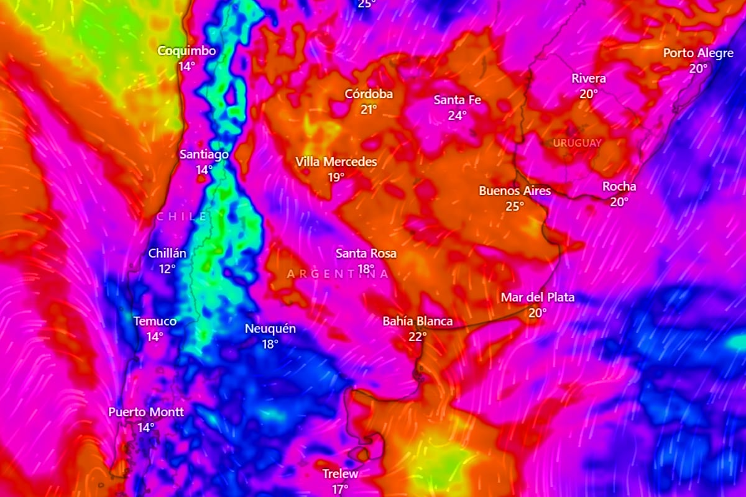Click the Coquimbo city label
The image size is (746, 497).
pyautogui.click(x=186, y=51)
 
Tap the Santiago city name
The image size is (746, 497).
pyautogui.click(x=204, y=154)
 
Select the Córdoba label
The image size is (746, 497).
pyautogui.click(x=369, y=94)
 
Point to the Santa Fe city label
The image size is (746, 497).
pyautogui.click(x=457, y=100)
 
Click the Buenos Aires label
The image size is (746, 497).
pyautogui.click(x=515, y=191)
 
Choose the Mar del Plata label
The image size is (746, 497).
pyautogui.click(x=537, y=298)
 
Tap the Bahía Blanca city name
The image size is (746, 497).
pyautogui.click(x=417, y=321)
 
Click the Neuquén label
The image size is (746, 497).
pyautogui.click(x=270, y=329)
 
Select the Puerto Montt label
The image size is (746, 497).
pyautogui.click(x=146, y=412)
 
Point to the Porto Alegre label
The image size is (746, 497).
pyautogui.click(x=698, y=53)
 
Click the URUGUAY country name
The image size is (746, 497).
pyautogui.click(x=578, y=143)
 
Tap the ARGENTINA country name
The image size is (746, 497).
pyautogui.click(x=338, y=273)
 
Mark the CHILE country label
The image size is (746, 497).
pyautogui.click(x=182, y=216)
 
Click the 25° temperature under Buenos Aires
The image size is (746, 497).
pyautogui.click(x=515, y=206)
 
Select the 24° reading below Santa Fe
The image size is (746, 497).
pyautogui.click(x=457, y=116)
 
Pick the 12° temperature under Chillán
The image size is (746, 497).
pyautogui.click(x=167, y=269)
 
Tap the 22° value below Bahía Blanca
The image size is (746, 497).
pyautogui.click(x=417, y=337)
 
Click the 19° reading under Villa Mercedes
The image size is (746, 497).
pyautogui.click(x=336, y=177)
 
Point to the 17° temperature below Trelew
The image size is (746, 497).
pyautogui.click(x=339, y=490)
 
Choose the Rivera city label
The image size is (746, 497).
pyautogui.click(x=589, y=79)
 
